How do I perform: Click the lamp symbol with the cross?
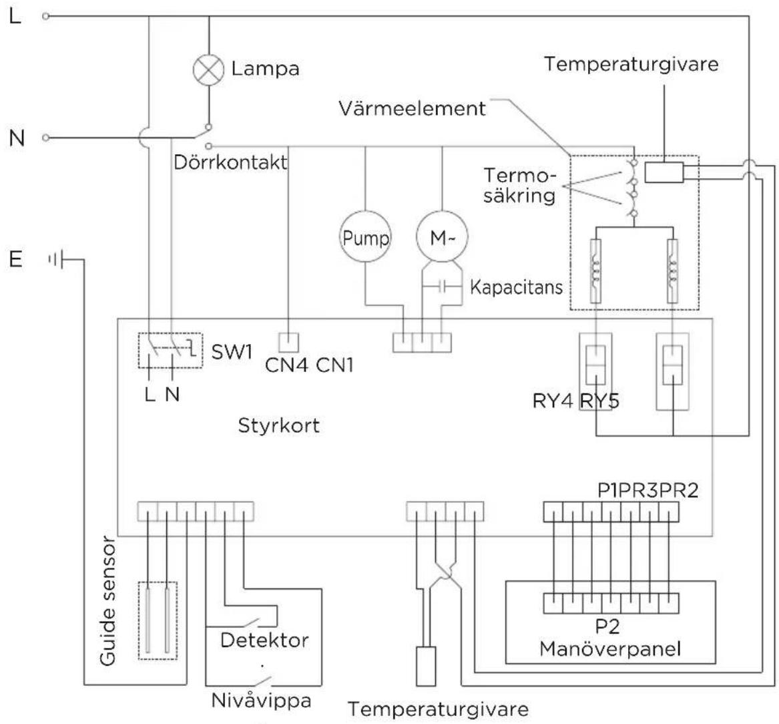click(209, 69)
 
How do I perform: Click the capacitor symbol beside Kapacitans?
click(442, 288)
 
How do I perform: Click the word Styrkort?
click(278, 425)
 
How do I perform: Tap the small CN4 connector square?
click(288, 342)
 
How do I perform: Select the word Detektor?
click(264, 640)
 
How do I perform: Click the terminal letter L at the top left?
click(15, 16)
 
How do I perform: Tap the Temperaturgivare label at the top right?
click(631, 64)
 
